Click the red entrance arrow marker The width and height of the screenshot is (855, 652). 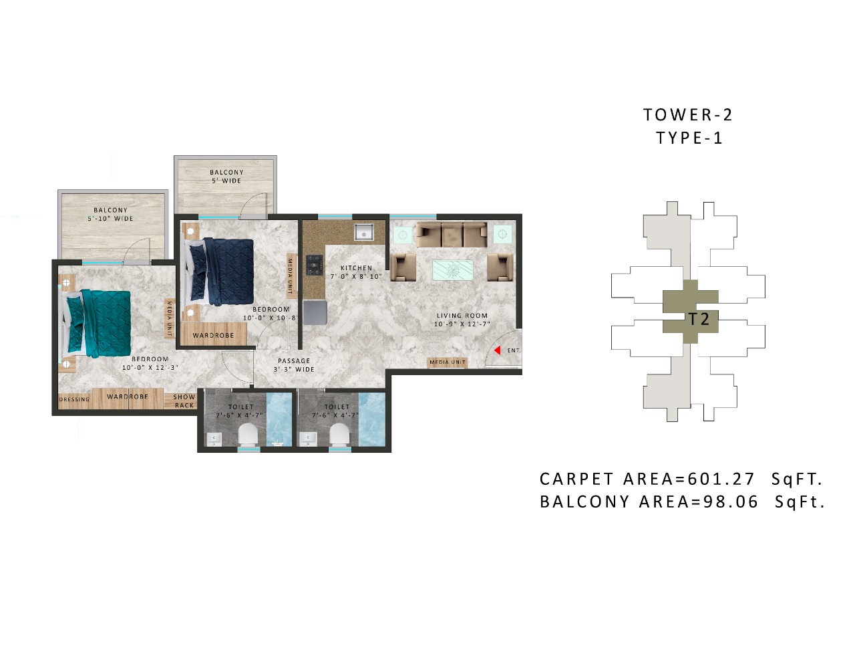point(497,350)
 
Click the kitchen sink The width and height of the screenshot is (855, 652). point(363,232)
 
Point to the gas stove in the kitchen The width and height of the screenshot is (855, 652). point(314,265)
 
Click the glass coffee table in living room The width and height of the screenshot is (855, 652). point(453,269)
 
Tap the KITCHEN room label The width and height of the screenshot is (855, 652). point(356,268)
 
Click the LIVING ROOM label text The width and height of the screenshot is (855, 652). point(462,316)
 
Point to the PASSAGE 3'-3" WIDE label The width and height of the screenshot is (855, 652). point(294,365)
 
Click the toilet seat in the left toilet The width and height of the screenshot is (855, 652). point(248,435)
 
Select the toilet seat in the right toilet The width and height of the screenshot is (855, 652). point(339,435)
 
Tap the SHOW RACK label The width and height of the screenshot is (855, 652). point(184,401)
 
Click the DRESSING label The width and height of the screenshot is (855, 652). point(74,400)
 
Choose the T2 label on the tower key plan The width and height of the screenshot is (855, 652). point(699,319)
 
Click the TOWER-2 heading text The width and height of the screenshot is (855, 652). point(688,115)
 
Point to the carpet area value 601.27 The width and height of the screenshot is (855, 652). point(721,479)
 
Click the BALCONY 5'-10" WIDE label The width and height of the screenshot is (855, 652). point(110,214)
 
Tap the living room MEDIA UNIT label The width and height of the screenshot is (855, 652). point(447,362)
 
